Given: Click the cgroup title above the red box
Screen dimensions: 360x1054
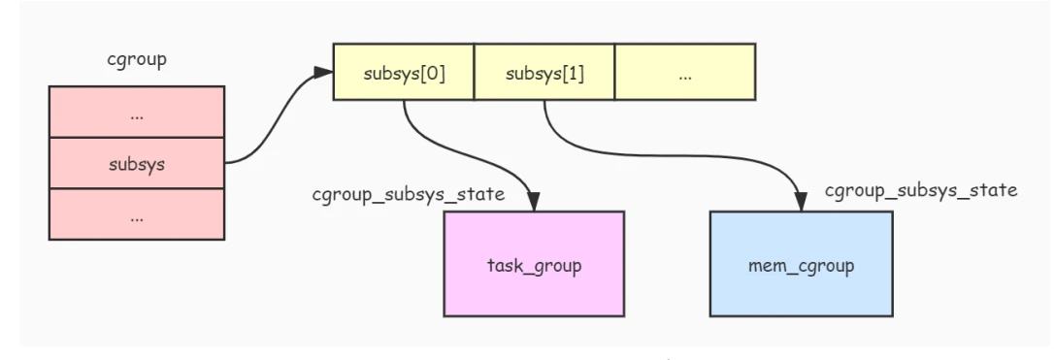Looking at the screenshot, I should pyautogui.click(x=136, y=60).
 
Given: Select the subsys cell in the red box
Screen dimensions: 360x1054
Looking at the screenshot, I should pyautogui.click(x=136, y=164).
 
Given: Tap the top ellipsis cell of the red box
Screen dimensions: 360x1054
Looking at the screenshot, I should pyautogui.click(x=136, y=113).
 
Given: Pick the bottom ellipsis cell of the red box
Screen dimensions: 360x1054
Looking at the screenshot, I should pyautogui.click(x=136, y=215).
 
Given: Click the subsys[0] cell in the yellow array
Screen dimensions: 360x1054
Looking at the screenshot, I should pyautogui.click(x=404, y=72).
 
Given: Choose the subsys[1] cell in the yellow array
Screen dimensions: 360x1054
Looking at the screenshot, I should pyautogui.click(x=544, y=72).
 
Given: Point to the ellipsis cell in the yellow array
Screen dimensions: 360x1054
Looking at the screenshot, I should pyautogui.click(x=685, y=72).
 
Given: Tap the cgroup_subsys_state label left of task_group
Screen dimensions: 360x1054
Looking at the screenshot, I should pyautogui.click(x=408, y=194).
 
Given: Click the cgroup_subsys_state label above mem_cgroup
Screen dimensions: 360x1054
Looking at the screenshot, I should pyautogui.click(x=920, y=190).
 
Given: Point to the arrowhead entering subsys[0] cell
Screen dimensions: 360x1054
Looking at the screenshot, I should pyautogui.click(x=324, y=73).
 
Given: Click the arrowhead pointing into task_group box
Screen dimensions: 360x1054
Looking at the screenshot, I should pyautogui.click(x=534, y=202).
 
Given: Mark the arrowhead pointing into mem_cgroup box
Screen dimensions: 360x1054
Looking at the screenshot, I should pyautogui.click(x=801, y=202).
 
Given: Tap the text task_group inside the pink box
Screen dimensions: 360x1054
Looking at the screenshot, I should pyautogui.click(x=534, y=265).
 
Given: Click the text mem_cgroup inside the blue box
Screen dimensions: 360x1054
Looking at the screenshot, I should pyautogui.click(x=801, y=265).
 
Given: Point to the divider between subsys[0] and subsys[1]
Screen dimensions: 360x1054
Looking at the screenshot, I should pyautogui.click(x=475, y=72).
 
